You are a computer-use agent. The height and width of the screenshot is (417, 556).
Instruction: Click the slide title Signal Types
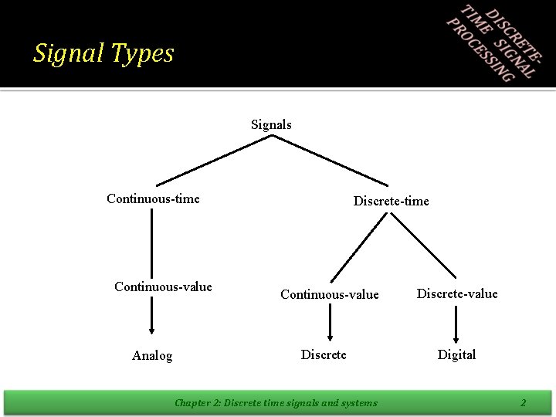[x=103, y=53]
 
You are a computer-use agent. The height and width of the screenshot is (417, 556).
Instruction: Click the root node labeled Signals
[x=271, y=124]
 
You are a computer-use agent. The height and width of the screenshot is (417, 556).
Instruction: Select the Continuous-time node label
[x=153, y=199]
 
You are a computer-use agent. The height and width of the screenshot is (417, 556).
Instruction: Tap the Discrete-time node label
[x=391, y=202]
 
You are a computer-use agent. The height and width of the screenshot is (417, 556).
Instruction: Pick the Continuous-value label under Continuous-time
[x=163, y=287]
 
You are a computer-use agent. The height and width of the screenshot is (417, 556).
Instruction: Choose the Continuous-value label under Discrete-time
[x=330, y=294]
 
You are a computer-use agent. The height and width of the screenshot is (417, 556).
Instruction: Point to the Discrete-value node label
[x=457, y=293]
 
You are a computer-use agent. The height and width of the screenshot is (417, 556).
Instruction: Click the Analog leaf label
[x=152, y=356]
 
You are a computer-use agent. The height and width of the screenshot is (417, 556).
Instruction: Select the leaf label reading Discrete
[x=324, y=354]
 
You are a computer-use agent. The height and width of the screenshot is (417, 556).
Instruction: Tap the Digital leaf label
[x=456, y=354]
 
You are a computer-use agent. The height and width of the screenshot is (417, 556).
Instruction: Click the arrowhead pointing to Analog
[x=151, y=327]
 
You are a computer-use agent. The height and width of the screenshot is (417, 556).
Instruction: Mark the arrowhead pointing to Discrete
[x=331, y=334]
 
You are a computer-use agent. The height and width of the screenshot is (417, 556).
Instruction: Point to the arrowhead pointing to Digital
[x=456, y=334]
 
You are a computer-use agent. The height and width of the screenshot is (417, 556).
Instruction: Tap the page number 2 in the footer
[x=523, y=402]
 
